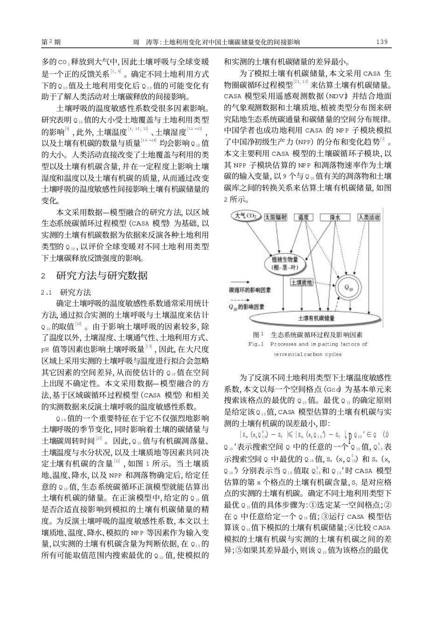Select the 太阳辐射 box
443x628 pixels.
276,217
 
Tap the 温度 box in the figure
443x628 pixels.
304,217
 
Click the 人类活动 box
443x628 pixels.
368,217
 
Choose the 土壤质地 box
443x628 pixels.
302,282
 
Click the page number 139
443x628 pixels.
381,42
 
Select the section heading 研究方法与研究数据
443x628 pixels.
102,275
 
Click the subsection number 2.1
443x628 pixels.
46,293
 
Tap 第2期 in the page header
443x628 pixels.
51,42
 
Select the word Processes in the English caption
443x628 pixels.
283,344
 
